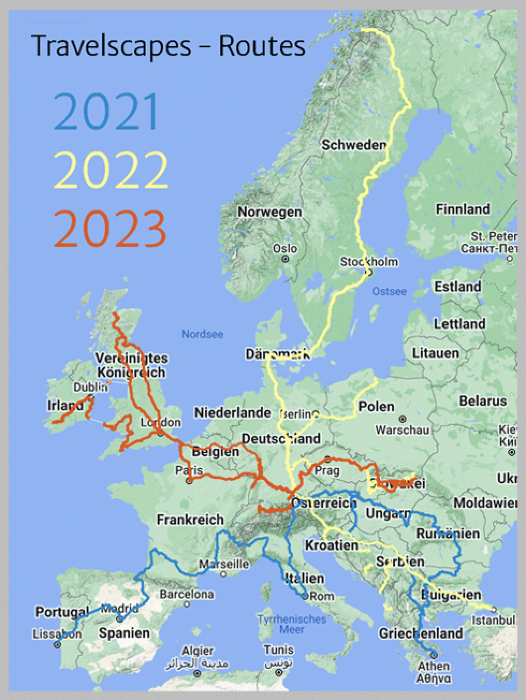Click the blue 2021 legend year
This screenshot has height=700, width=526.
(107, 111)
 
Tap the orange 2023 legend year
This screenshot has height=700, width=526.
(110, 228)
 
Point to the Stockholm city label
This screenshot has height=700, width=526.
(369, 262)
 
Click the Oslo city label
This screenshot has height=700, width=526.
(285, 249)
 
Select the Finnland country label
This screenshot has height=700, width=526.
(463, 209)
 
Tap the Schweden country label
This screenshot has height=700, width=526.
(354, 144)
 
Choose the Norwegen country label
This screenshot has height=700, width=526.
(270, 212)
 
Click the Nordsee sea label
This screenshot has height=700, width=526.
(202, 334)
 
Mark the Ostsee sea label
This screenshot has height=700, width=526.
(389, 291)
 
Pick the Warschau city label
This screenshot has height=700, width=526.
(403, 430)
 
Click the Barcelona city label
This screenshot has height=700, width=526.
(187, 594)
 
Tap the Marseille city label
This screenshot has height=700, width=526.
(224, 564)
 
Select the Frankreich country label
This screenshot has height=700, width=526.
(190, 520)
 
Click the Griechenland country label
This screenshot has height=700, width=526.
(421, 633)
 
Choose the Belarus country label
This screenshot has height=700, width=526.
(483, 400)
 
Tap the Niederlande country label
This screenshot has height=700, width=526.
(232, 413)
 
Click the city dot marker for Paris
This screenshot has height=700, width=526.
(189, 482)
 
